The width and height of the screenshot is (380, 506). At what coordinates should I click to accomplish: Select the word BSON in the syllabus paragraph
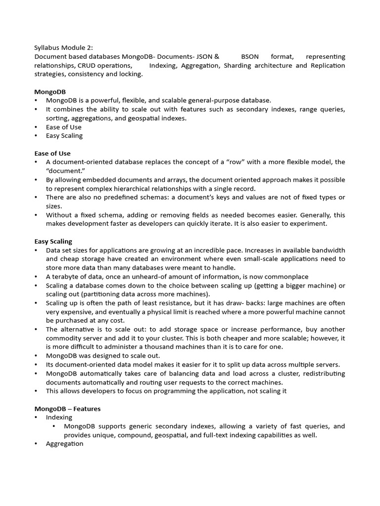pyautogui.click(x=250, y=57)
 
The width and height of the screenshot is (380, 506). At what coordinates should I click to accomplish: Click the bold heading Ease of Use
pyautogui.click(x=52, y=153)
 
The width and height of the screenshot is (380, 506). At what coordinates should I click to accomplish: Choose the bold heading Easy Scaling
pyautogui.click(x=53, y=241)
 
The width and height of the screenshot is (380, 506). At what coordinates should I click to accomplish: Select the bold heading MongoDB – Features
pyautogui.click(x=67, y=409)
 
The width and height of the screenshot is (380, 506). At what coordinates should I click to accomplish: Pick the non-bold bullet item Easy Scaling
pyautogui.click(x=64, y=136)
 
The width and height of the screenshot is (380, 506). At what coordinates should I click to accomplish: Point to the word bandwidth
pyautogui.click(x=325, y=250)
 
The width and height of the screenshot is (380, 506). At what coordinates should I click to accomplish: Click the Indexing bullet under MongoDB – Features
pyautogui.click(x=59, y=417)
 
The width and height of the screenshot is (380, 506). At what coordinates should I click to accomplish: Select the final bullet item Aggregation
pyautogui.click(x=64, y=444)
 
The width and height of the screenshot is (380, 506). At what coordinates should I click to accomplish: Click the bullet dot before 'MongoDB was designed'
pyautogui.click(x=37, y=356)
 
